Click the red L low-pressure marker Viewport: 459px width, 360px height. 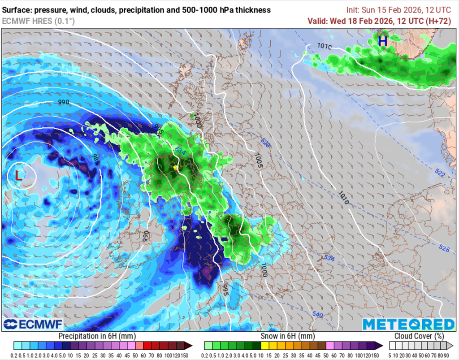click(x=18, y=176)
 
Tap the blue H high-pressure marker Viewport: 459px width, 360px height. click(x=382, y=41)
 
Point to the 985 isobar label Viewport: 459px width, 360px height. click(x=95, y=159)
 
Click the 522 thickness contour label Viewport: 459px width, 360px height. click(x=439, y=173)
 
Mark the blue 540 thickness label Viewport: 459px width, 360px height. click(x=317, y=315)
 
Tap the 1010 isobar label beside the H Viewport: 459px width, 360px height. click(x=324, y=46)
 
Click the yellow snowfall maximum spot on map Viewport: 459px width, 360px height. click(x=176, y=168)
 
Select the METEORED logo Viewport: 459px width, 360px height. click(x=408, y=324)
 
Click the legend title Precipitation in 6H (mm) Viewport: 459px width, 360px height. click(x=97, y=336)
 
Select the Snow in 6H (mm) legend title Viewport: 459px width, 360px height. click(x=287, y=336)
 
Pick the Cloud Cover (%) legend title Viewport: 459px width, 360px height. click(x=419, y=336)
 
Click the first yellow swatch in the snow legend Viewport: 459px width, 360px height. click(x=265, y=346)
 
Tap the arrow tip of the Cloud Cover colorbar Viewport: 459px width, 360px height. click(x=451, y=346)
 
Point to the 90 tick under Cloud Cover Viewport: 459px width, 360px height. click(x=447, y=354)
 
